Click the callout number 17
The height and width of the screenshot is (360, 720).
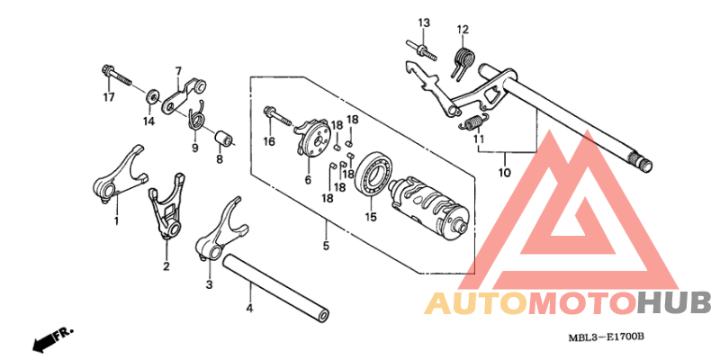108,97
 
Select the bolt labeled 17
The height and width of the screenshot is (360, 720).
116,76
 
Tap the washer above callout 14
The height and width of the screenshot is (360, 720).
152,97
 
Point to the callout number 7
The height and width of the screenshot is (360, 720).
177,71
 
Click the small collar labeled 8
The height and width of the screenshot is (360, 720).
224,138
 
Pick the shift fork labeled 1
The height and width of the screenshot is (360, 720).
119,176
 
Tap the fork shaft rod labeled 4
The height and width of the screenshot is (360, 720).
276,288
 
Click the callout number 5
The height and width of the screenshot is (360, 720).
326,246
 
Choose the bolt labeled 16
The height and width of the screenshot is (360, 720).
278,118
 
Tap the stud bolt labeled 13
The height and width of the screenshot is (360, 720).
421,51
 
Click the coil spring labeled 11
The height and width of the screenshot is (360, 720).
473,123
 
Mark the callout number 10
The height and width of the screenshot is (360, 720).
504,173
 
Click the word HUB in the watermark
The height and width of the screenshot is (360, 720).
674,304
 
